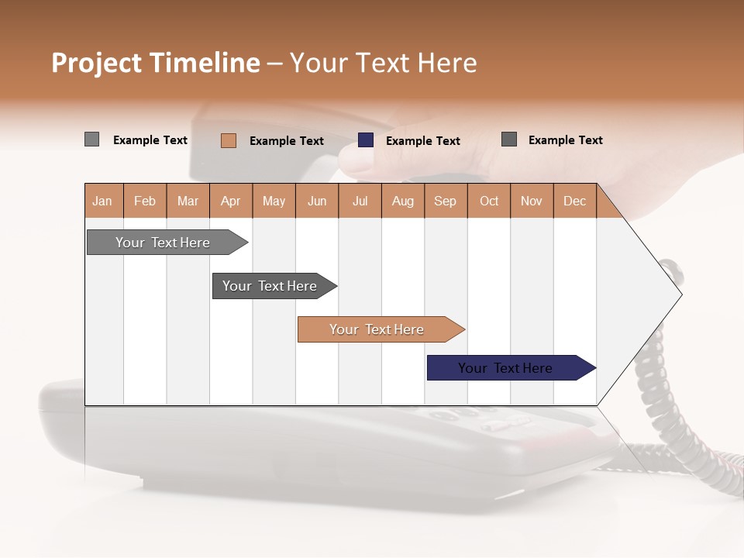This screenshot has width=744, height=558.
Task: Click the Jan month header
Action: (x=102, y=201)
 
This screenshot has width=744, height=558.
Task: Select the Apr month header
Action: (x=230, y=201)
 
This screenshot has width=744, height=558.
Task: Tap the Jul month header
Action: (x=360, y=201)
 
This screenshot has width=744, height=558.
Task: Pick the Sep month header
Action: (x=445, y=201)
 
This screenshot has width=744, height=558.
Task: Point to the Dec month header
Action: (x=574, y=201)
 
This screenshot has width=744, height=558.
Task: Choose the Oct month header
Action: (x=489, y=201)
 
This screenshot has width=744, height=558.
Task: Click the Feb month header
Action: (x=145, y=201)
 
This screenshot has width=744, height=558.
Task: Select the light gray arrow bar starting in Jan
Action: (x=164, y=243)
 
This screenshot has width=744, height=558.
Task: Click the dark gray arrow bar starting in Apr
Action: (x=270, y=286)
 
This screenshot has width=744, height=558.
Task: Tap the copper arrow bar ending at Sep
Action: (x=377, y=329)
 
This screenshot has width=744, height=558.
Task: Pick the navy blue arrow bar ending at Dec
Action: (x=506, y=368)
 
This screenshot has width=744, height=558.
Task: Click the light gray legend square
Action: (x=91, y=139)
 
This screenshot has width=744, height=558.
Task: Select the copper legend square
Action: (x=228, y=140)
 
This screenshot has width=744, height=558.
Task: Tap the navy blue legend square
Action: (x=366, y=140)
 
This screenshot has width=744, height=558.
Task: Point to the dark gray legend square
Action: (x=509, y=139)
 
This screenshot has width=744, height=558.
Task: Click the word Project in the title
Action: (x=95, y=63)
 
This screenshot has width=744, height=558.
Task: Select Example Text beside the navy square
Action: (x=422, y=141)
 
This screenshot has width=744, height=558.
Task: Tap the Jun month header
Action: (x=317, y=201)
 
